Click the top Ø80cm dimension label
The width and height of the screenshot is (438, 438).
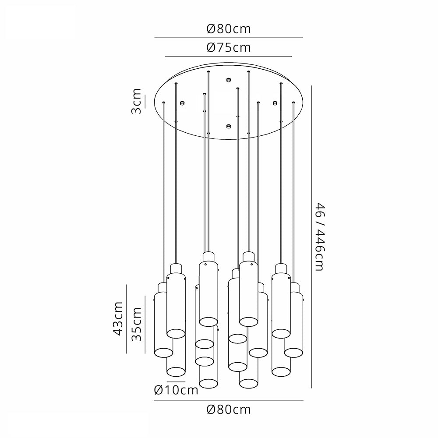tap(229, 29)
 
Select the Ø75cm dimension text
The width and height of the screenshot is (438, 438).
tap(229, 47)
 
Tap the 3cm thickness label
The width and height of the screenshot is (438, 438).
tap(137, 101)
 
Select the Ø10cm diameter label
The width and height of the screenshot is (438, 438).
tap(177, 390)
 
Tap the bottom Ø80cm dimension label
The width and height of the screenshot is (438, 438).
tap(229, 410)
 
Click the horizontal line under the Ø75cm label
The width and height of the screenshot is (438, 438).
tap(229, 57)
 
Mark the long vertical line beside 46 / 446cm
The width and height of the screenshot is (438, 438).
tap(311, 237)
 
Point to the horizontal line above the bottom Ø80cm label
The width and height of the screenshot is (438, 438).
tap(229, 400)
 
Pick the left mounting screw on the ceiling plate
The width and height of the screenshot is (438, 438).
tap(181, 103)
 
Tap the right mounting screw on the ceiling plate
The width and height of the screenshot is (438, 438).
tap(275, 103)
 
